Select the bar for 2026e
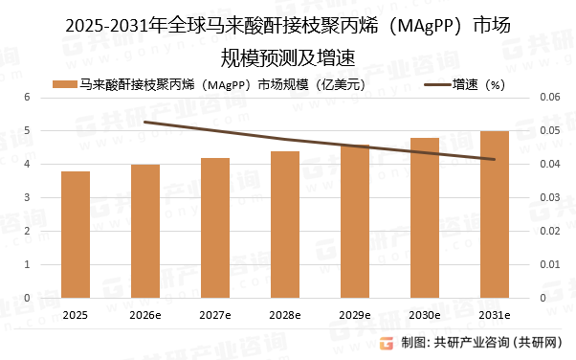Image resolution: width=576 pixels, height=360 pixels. [x=144, y=231]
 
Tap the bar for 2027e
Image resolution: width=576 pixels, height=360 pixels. [x=214, y=228]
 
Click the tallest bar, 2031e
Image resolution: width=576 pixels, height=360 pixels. [x=494, y=214]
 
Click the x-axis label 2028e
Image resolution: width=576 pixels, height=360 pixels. [x=284, y=314]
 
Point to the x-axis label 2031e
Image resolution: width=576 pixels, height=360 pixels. [x=494, y=314]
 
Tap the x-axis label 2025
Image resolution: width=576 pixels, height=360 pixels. [x=75, y=314]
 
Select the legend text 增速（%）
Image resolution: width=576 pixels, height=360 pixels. [x=478, y=83]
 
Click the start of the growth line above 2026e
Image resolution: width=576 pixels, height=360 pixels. [x=144, y=122]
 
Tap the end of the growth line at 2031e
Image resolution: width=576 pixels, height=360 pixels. [x=494, y=159]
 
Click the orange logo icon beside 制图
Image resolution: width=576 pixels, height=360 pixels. [x=387, y=344]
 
